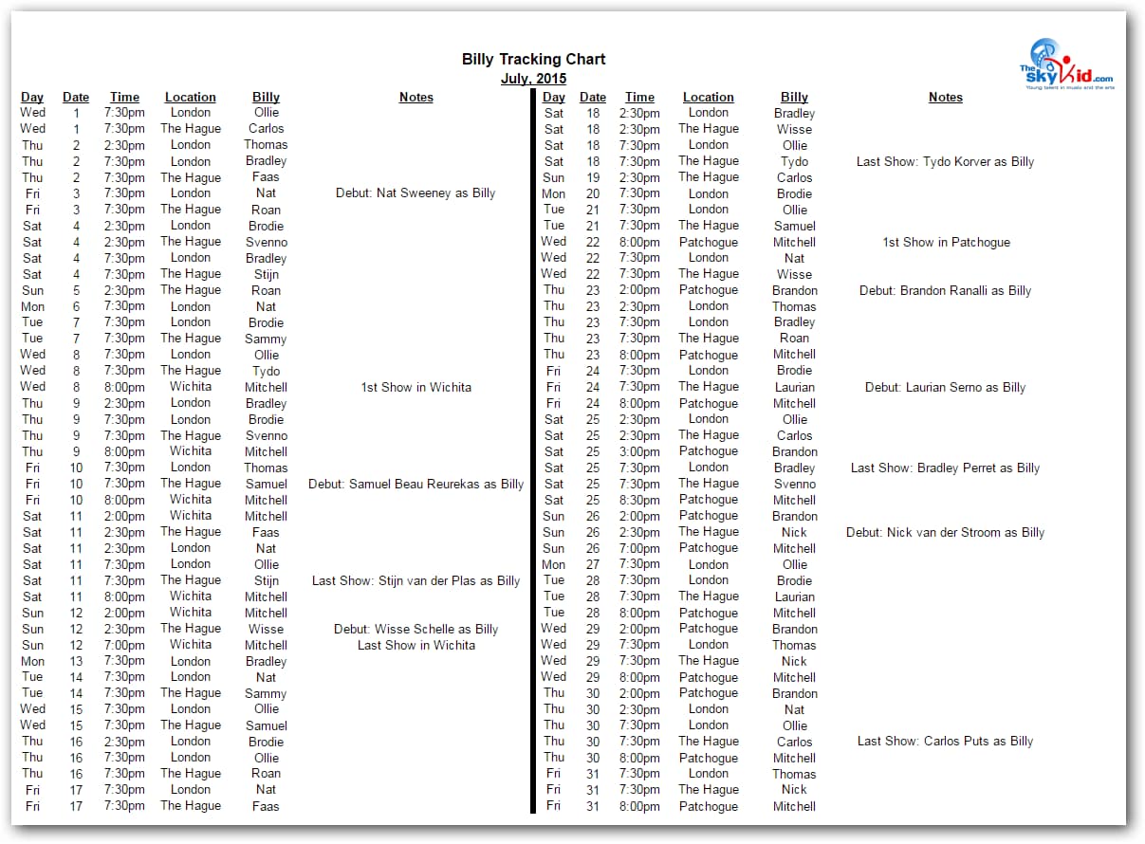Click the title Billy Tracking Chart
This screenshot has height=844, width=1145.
coord(533,60)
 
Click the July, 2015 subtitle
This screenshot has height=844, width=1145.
coord(533,79)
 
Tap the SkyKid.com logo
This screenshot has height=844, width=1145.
coord(1066,64)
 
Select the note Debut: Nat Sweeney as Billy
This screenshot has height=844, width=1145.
coord(416,193)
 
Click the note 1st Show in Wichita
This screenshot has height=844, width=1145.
coord(416,387)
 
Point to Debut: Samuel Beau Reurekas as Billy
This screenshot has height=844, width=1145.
coord(416,484)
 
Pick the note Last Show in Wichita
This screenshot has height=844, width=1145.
coord(416,645)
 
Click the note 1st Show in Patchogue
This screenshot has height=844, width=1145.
coord(945,242)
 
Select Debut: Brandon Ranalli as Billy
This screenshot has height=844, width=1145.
coord(945,290)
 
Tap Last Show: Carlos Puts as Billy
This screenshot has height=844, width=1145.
coord(945,742)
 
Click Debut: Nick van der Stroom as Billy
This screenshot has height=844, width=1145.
coord(945,532)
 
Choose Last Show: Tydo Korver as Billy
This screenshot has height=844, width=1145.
coord(945,161)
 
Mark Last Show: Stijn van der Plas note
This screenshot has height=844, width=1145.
coord(416,580)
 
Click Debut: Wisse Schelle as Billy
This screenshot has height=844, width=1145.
coord(416,629)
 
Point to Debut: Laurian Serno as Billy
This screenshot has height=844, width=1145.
coord(945,387)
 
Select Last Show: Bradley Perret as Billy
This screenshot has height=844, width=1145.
coord(945,468)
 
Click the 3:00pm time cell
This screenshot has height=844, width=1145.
coord(639,451)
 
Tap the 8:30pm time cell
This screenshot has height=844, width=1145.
coord(639,500)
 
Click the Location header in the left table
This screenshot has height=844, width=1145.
coord(190,97)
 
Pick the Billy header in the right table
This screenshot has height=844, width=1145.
coord(794,97)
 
